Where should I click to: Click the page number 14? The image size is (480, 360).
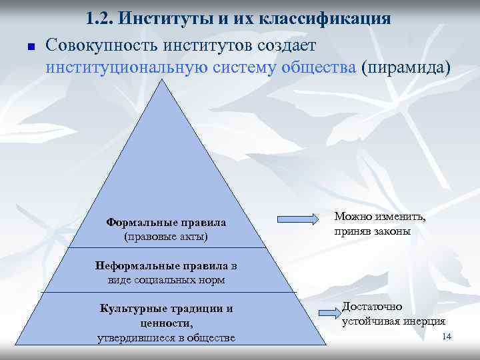click(447, 337)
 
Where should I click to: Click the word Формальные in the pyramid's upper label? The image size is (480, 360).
click(135, 223)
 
